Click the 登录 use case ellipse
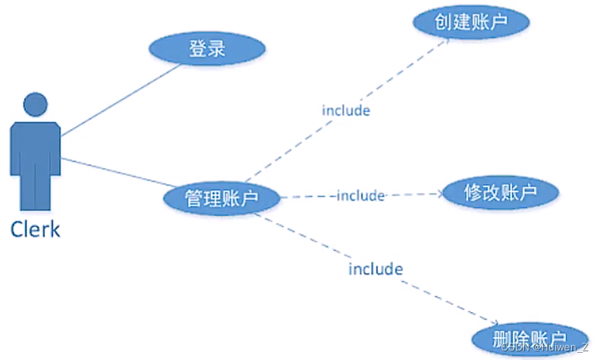pos(207,50)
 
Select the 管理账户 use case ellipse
pos(221,198)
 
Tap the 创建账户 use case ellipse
pos(470,23)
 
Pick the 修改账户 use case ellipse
pos(500,192)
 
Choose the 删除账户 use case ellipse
pos(530,338)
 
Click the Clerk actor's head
pos(34,105)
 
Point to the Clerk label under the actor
pos(35,229)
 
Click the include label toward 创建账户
pos(345,110)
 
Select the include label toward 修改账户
pos(360,195)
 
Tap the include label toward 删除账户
pos(376,269)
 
